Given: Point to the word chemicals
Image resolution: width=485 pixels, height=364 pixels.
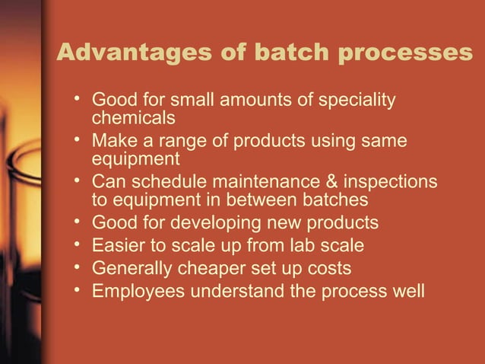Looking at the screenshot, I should pos(134,119).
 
